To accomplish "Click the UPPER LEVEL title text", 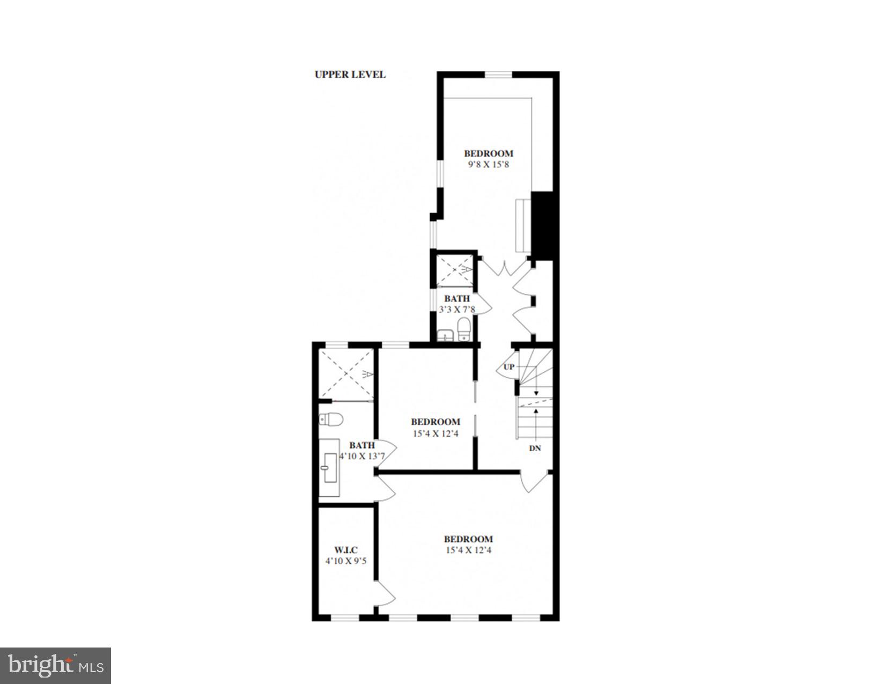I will pos(350,75).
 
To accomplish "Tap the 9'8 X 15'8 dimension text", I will pos(488,165).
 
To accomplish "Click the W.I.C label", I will pos(346,550).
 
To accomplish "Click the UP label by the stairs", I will pos(508,367).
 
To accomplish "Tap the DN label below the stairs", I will pos(535,448).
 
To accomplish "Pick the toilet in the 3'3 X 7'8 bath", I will pos(464,329).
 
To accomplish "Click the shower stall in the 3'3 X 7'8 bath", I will pos(455,270).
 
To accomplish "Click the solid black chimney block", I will pos(542,225).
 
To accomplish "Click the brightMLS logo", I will pos(56,666).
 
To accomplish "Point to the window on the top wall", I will pos(498,75).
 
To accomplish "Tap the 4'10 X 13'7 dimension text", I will pos(362,457).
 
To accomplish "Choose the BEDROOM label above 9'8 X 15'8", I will pos(489,153).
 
